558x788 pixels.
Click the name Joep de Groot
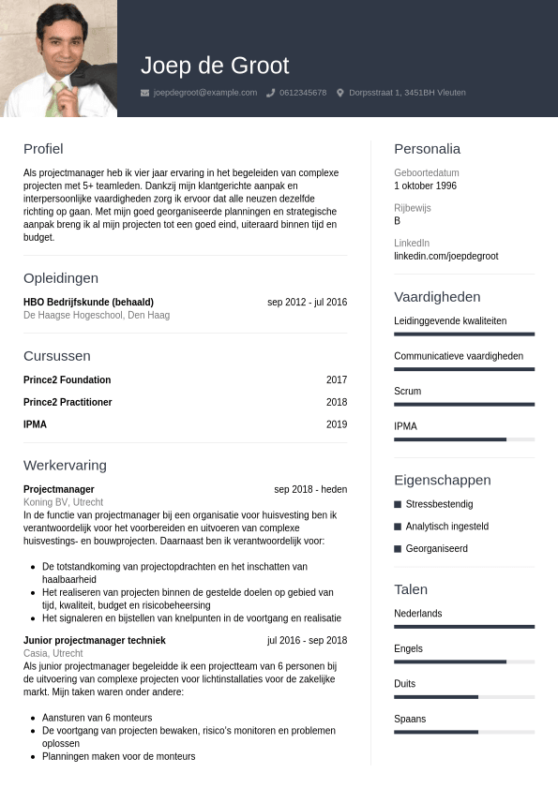(215, 66)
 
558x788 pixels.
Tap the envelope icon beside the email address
(144, 93)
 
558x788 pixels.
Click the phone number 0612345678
(303, 93)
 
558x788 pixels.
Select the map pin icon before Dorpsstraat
(340, 93)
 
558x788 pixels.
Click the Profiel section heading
(43, 148)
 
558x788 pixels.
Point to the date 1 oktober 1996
(425, 186)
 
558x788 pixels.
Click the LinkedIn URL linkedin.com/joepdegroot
(445, 256)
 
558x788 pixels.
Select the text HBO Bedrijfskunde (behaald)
(88, 302)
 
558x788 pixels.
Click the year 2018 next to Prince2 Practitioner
(337, 402)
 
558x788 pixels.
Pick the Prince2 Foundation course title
(67, 379)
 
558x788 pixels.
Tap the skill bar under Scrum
(464, 404)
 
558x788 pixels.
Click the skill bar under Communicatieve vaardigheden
(464, 369)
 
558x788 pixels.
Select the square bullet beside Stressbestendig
(398, 504)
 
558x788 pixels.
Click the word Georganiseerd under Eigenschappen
(436, 548)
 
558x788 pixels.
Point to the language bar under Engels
(464, 662)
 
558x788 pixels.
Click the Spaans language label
(410, 719)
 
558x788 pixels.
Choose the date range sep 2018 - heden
(310, 489)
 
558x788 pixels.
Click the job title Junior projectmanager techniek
(94, 640)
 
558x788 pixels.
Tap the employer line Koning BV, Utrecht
(63, 502)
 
